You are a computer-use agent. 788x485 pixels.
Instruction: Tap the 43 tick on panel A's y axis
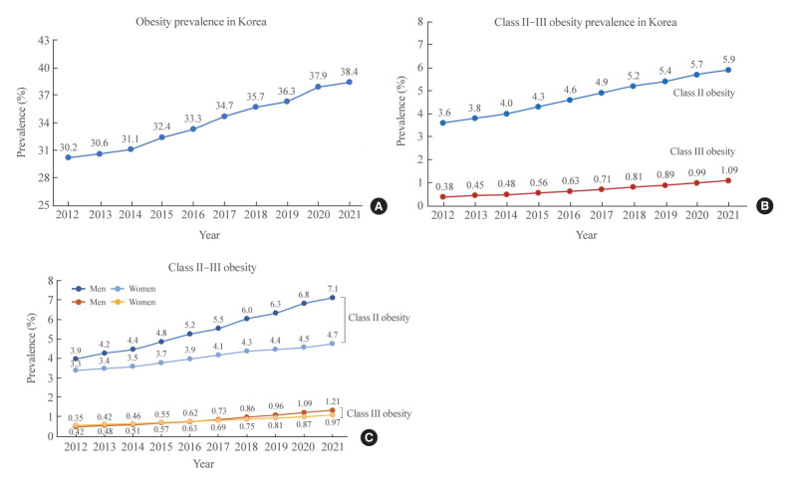[x=42, y=40]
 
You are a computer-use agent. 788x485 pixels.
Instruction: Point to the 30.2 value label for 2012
[x=68, y=145]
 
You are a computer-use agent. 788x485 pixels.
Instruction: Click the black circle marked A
[x=378, y=206]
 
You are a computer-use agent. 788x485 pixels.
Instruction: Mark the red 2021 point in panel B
[x=727, y=180]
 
